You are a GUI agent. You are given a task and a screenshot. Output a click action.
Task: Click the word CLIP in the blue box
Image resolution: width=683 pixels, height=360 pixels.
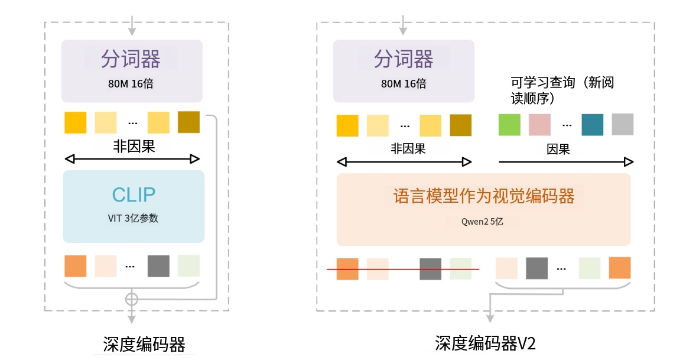point(134,195)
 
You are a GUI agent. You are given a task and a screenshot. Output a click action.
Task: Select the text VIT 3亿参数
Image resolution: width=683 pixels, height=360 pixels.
point(134,218)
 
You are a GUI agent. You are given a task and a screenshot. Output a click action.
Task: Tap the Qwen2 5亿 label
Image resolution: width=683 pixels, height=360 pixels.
point(483,222)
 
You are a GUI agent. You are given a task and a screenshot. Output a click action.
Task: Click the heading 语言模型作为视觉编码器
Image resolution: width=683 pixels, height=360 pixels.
point(483,197)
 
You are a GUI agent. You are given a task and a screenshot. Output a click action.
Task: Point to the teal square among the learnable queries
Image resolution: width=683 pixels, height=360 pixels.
point(592,125)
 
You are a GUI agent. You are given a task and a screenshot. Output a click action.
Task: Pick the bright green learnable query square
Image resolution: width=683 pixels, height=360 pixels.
point(509,125)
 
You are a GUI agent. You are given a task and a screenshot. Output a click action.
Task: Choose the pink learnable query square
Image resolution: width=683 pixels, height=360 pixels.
point(539,125)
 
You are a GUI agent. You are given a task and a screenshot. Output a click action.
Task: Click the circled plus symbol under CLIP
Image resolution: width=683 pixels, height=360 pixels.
point(132,299)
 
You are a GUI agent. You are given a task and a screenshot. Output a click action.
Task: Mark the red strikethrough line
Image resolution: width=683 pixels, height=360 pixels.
point(403,270)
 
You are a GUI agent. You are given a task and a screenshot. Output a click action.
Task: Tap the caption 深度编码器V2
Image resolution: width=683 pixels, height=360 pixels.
point(485,343)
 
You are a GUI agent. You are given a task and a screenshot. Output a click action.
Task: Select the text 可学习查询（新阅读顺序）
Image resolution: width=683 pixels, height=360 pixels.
point(562,90)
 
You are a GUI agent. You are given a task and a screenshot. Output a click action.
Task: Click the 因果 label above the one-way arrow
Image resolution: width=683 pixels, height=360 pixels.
point(558,149)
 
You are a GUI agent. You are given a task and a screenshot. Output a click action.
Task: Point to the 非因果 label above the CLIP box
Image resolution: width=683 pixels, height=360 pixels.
point(134,146)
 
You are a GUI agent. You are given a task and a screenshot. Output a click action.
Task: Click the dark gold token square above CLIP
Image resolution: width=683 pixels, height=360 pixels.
point(188,122)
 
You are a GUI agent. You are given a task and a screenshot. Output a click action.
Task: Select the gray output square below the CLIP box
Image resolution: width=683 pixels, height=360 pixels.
point(158,266)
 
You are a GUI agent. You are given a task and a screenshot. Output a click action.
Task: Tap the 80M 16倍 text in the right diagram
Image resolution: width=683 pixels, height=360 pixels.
point(404,83)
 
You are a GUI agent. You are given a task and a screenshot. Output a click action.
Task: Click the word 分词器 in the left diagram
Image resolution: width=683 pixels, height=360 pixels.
point(131,59)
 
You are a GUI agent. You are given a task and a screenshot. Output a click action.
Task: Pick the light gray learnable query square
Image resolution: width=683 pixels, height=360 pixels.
point(622,125)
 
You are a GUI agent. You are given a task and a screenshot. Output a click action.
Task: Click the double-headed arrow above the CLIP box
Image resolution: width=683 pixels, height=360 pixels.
point(132,159)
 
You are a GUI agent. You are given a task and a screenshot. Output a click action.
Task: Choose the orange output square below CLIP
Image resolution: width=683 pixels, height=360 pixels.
point(76,266)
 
